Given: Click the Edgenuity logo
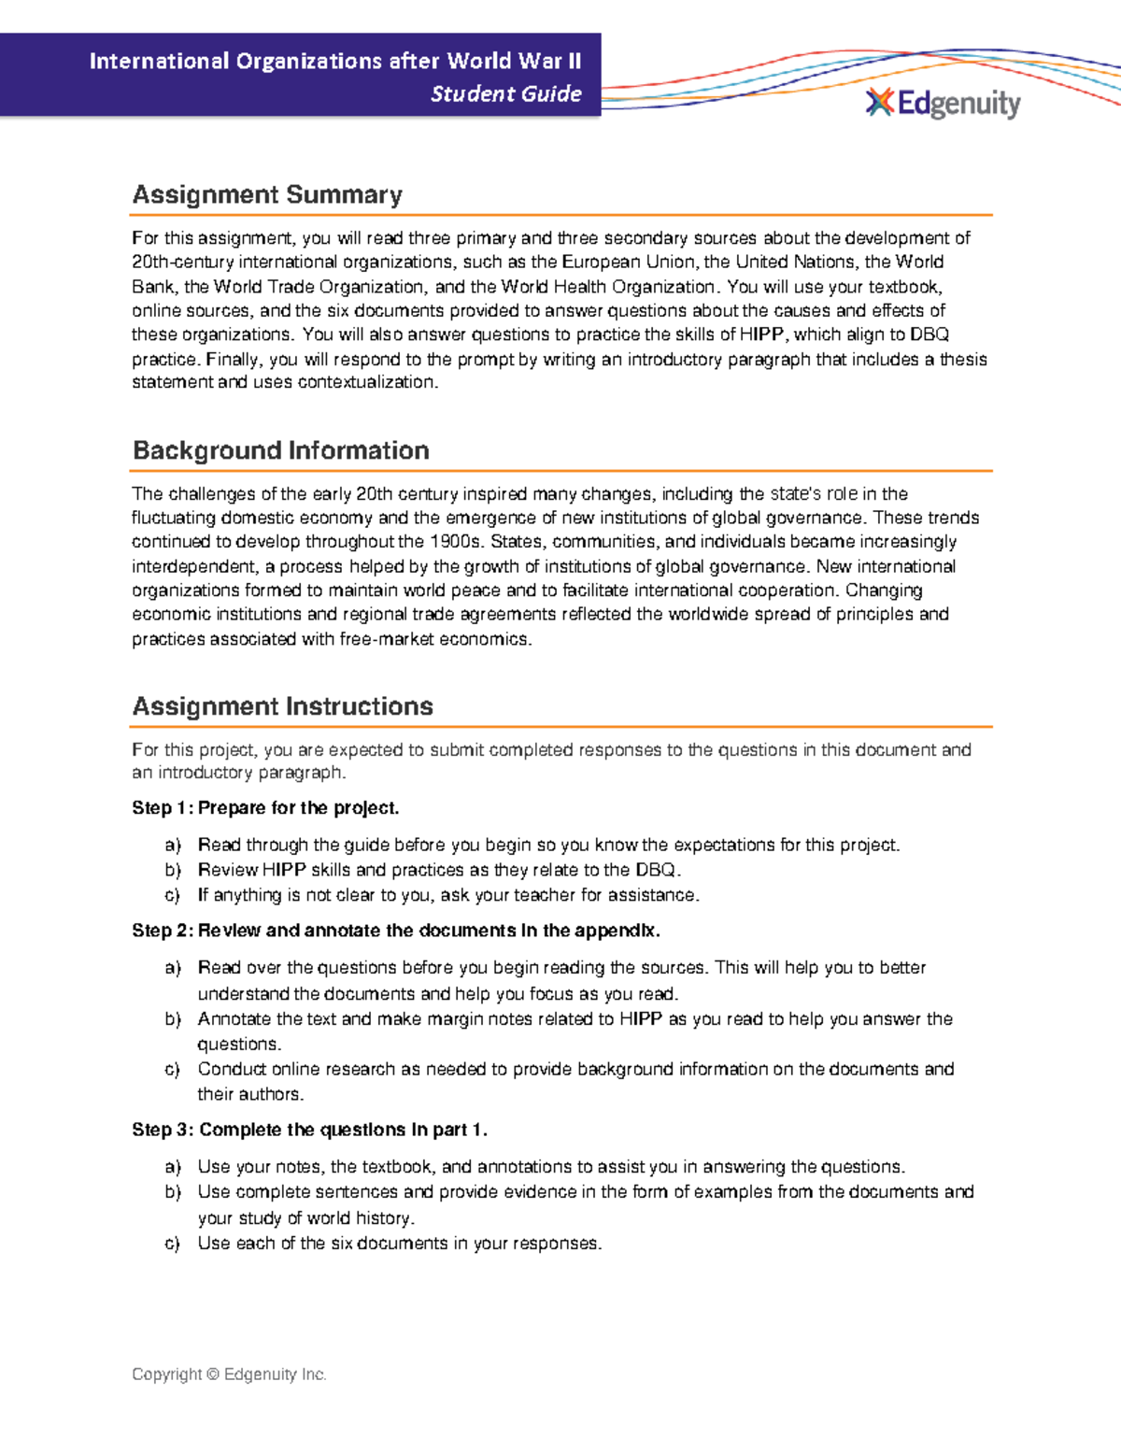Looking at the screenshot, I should coord(944,104).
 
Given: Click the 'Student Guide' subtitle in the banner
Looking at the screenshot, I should coord(505,93).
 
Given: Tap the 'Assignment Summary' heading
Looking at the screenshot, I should coord(267,194).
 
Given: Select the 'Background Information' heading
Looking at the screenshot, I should coord(280,450).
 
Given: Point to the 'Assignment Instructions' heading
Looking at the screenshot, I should coord(282,706).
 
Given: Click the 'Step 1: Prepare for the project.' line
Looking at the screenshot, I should coord(265,807).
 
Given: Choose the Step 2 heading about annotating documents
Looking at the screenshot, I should coord(396,931).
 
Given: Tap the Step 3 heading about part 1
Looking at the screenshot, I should coord(309,1130).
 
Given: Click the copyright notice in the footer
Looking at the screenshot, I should coord(229,1374).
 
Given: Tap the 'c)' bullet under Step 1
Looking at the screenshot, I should coord(172,895).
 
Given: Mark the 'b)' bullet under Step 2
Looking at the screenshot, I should coord(172,1019).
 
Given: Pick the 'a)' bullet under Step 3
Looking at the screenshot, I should coord(172,1167).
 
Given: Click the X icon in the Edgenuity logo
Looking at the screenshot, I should coord(879,103).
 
